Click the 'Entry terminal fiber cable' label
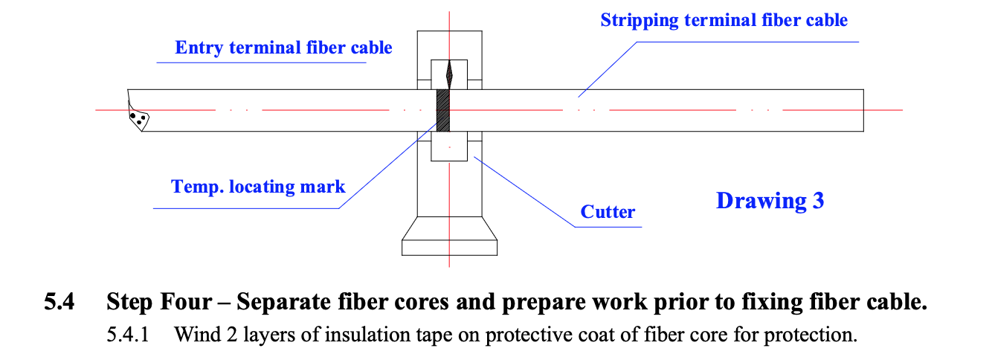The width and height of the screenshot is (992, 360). pos(283,48)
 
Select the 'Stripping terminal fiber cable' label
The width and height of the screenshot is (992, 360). pos(724,20)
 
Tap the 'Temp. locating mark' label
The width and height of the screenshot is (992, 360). pos(258,187)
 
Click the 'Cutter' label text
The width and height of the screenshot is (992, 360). pos(608,212)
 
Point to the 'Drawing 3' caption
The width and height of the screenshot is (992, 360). pos(770,201)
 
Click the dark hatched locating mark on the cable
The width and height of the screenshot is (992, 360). pos(443,110)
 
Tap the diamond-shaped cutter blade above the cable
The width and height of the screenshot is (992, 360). pos(449,75)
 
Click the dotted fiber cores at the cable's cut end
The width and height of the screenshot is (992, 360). pos(138,118)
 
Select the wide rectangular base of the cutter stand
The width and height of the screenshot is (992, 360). pos(449,248)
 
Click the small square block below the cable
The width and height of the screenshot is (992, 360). pos(449,146)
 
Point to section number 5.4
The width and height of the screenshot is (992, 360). pos(59,301)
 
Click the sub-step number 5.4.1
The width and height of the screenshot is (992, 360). pos(128,335)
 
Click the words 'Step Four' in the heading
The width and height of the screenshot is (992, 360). pos(159,303)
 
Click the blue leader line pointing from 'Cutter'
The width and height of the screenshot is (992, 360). pos(524,192)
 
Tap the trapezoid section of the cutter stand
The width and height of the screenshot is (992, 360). pos(449,228)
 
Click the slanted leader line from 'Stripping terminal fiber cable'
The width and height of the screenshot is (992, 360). pos(608,69)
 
